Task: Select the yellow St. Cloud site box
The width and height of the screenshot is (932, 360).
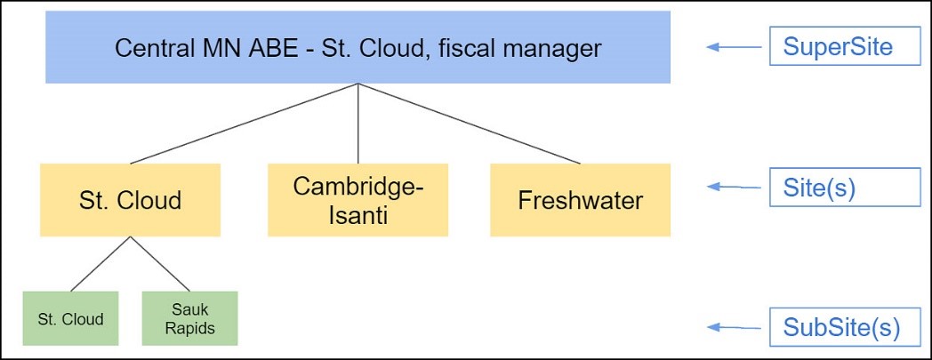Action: [x=131, y=200]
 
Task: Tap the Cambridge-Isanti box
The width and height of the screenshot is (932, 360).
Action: [x=358, y=200]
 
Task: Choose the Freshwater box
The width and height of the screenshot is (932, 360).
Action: [x=580, y=200]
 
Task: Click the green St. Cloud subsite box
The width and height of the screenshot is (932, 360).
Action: [x=71, y=318]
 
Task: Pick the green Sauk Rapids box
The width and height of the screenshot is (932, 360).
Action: [x=190, y=318]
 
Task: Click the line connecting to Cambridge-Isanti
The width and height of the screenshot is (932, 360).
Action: [x=358, y=124]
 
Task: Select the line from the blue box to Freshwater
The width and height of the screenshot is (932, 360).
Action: [x=470, y=124]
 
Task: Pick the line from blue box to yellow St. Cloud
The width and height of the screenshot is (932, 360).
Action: [x=245, y=124]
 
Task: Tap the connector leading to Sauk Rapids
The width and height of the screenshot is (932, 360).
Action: [x=161, y=264]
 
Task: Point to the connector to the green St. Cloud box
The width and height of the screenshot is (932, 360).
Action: [x=100, y=264]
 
